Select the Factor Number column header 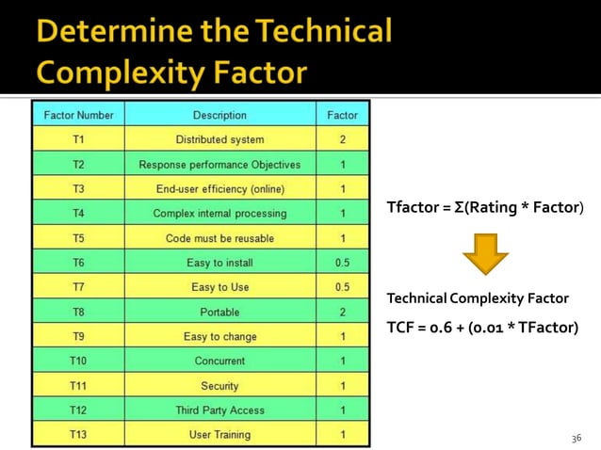[x=79, y=116]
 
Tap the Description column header [x=219, y=116]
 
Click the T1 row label [x=78, y=140]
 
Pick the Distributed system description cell [x=219, y=140]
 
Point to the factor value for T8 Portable [x=342, y=312]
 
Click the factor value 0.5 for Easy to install [x=342, y=263]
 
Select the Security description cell [x=219, y=386]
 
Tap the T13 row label [x=78, y=435]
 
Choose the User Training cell [x=219, y=435]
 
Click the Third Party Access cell [x=219, y=410]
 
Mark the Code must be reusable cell [x=219, y=238]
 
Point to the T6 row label [x=78, y=263]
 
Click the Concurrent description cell [x=219, y=361]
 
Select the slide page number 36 [x=577, y=438]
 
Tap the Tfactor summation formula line [x=484, y=206]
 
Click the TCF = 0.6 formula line [x=481, y=328]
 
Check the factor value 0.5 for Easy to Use [x=342, y=287]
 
